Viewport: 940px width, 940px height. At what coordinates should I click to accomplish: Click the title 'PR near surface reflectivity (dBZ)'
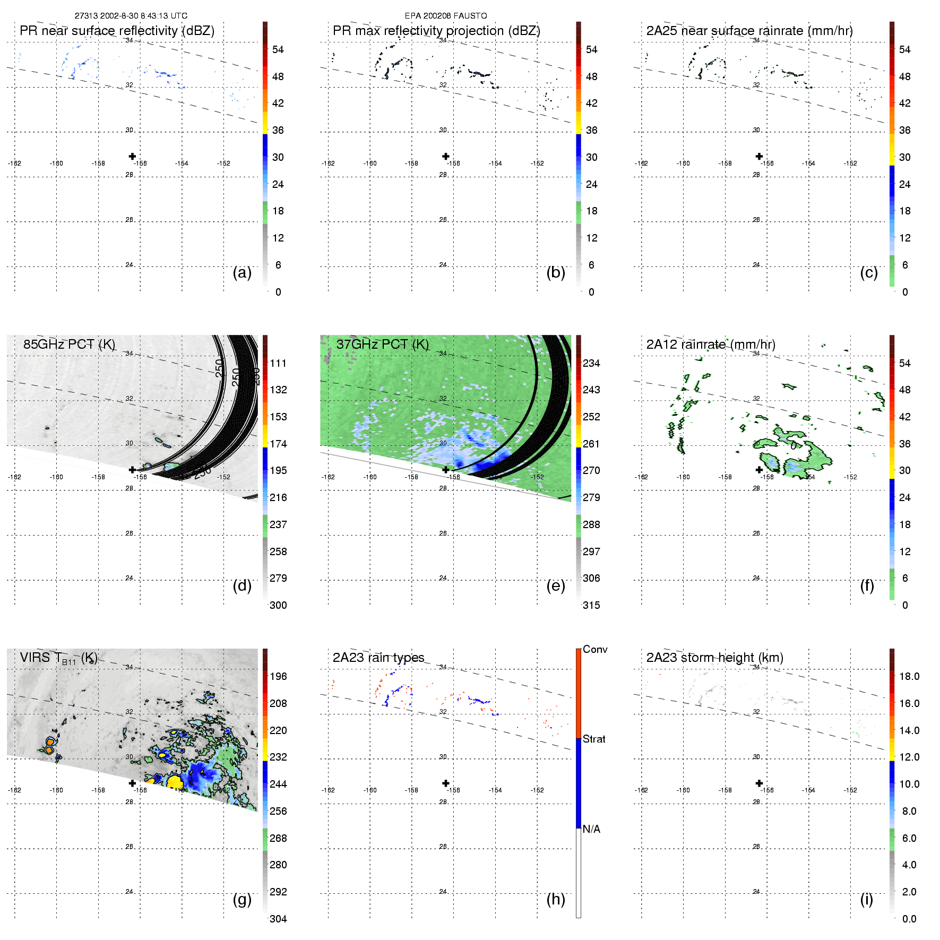click(117, 31)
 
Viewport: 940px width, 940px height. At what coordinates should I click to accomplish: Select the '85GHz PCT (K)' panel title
click(69, 344)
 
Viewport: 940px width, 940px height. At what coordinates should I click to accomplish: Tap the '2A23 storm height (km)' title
click(714, 658)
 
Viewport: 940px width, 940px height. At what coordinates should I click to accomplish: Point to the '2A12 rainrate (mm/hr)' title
click(711, 344)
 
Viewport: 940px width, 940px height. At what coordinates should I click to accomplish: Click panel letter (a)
click(242, 272)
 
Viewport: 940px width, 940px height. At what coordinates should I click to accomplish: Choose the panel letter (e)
click(555, 585)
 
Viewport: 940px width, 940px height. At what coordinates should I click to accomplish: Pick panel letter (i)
click(866, 899)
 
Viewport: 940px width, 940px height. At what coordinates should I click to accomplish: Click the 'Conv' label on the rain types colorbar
click(595, 649)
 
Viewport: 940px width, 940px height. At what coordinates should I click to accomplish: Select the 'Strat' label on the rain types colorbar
click(594, 739)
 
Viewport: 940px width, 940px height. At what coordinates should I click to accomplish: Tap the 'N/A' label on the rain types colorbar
click(591, 829)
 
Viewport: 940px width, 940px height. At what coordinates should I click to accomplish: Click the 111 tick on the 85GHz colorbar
click(278, 363)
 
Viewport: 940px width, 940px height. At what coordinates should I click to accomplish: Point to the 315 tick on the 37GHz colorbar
click(591, 605)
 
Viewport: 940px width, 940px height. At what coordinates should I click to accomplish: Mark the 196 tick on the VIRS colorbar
click(278, 676)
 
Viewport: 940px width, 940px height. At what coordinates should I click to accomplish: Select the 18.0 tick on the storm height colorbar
click(909, 676)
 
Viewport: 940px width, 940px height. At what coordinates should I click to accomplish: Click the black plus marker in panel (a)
click(132, 156)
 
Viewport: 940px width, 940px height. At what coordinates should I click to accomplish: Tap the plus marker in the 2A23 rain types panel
click(446, 783)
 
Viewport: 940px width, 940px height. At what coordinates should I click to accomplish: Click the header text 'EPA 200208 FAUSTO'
click(446, 16)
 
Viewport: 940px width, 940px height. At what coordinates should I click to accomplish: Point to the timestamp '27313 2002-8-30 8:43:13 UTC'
click(131, 16)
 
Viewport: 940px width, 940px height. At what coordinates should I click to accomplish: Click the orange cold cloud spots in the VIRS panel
click(50, 745)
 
